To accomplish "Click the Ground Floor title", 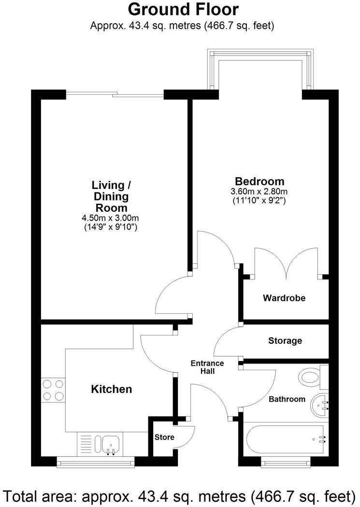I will tap(183, 9).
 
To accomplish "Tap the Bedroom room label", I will tap(259, 182).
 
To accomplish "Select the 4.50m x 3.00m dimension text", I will tap(111, 218).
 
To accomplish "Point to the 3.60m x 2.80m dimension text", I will tap(259, 191).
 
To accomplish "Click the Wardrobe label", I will tap(284, 298).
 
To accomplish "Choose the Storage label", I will tap(285, 341).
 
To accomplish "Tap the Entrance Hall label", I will tap(207, 367).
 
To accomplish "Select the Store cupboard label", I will tap(164, 437).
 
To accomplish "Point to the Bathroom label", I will tap(287, 399).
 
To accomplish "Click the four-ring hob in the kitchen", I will tap(53, 390).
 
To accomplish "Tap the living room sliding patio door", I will tap(115, 94).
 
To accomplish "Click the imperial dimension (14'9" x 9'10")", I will tap(111, 226).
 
